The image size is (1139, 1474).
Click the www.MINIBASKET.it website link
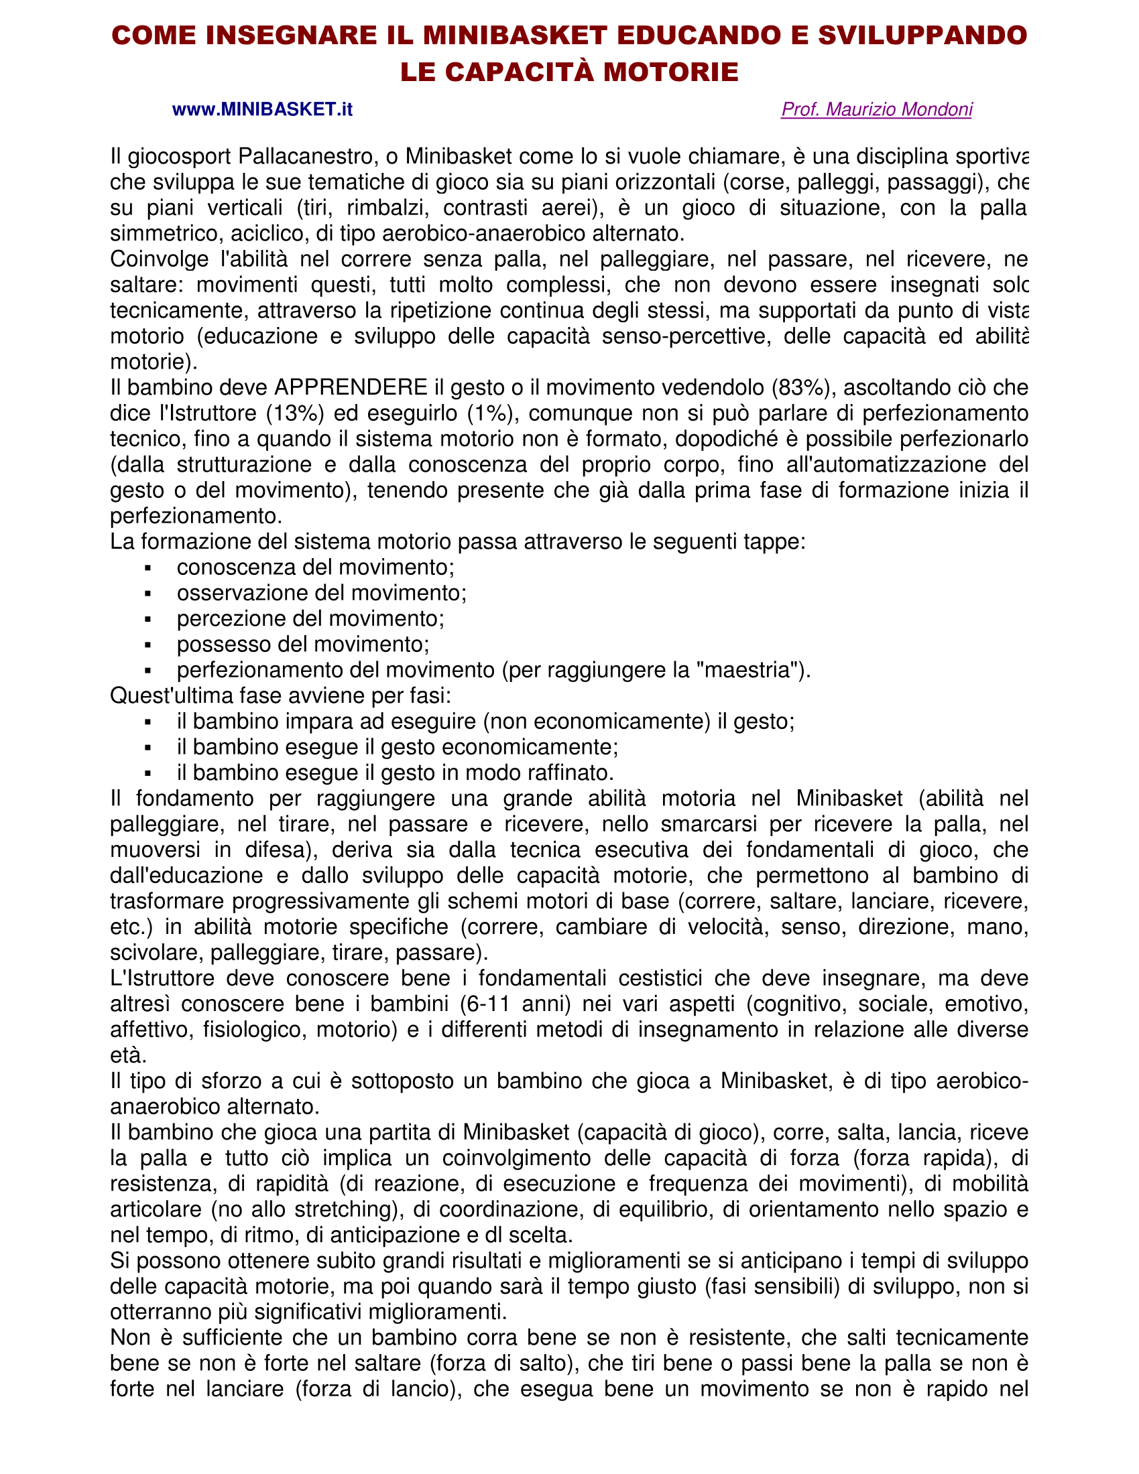[x=262, y=109]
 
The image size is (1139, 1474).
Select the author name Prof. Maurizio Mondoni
[x=876, y=109]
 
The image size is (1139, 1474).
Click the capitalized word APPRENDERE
[x=351, y=387]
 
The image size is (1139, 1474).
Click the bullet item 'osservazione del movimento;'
[x=321, y=593]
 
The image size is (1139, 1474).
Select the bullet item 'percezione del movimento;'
[x=310, y=619]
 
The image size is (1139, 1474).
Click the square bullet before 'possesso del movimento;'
[x=148, y=645]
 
